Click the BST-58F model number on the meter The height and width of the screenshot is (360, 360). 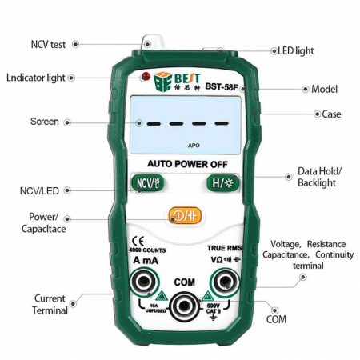(221, 86)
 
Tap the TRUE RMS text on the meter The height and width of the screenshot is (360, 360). (225, 248)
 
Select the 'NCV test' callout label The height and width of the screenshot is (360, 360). (48, 45)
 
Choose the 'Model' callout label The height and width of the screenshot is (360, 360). (324, 88)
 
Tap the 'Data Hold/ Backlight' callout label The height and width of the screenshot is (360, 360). (319, 177)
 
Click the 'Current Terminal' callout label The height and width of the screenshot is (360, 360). (50, 304)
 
